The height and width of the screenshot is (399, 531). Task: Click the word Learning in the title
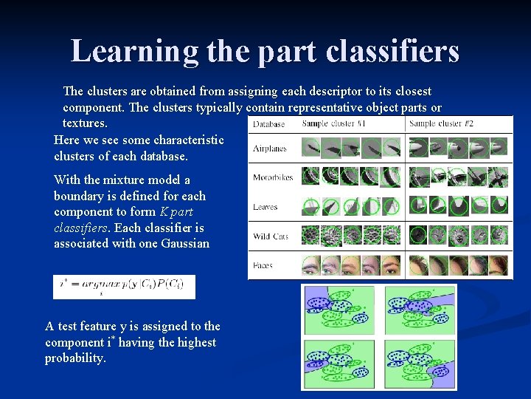134,51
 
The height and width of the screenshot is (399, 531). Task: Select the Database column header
269,124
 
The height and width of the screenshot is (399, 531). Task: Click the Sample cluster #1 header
333,123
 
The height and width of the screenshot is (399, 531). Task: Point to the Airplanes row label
270,149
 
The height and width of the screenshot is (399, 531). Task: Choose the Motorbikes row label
273,177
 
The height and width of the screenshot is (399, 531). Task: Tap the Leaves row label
265,207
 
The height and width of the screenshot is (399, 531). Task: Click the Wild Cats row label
271,236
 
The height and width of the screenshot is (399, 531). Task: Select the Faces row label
263,265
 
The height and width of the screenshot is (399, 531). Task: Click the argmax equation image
124,287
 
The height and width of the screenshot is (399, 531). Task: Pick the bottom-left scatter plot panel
340,363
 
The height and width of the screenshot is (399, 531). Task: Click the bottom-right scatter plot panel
420,363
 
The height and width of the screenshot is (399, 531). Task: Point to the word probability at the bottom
75,358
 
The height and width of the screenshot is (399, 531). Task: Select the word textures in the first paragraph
84,123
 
